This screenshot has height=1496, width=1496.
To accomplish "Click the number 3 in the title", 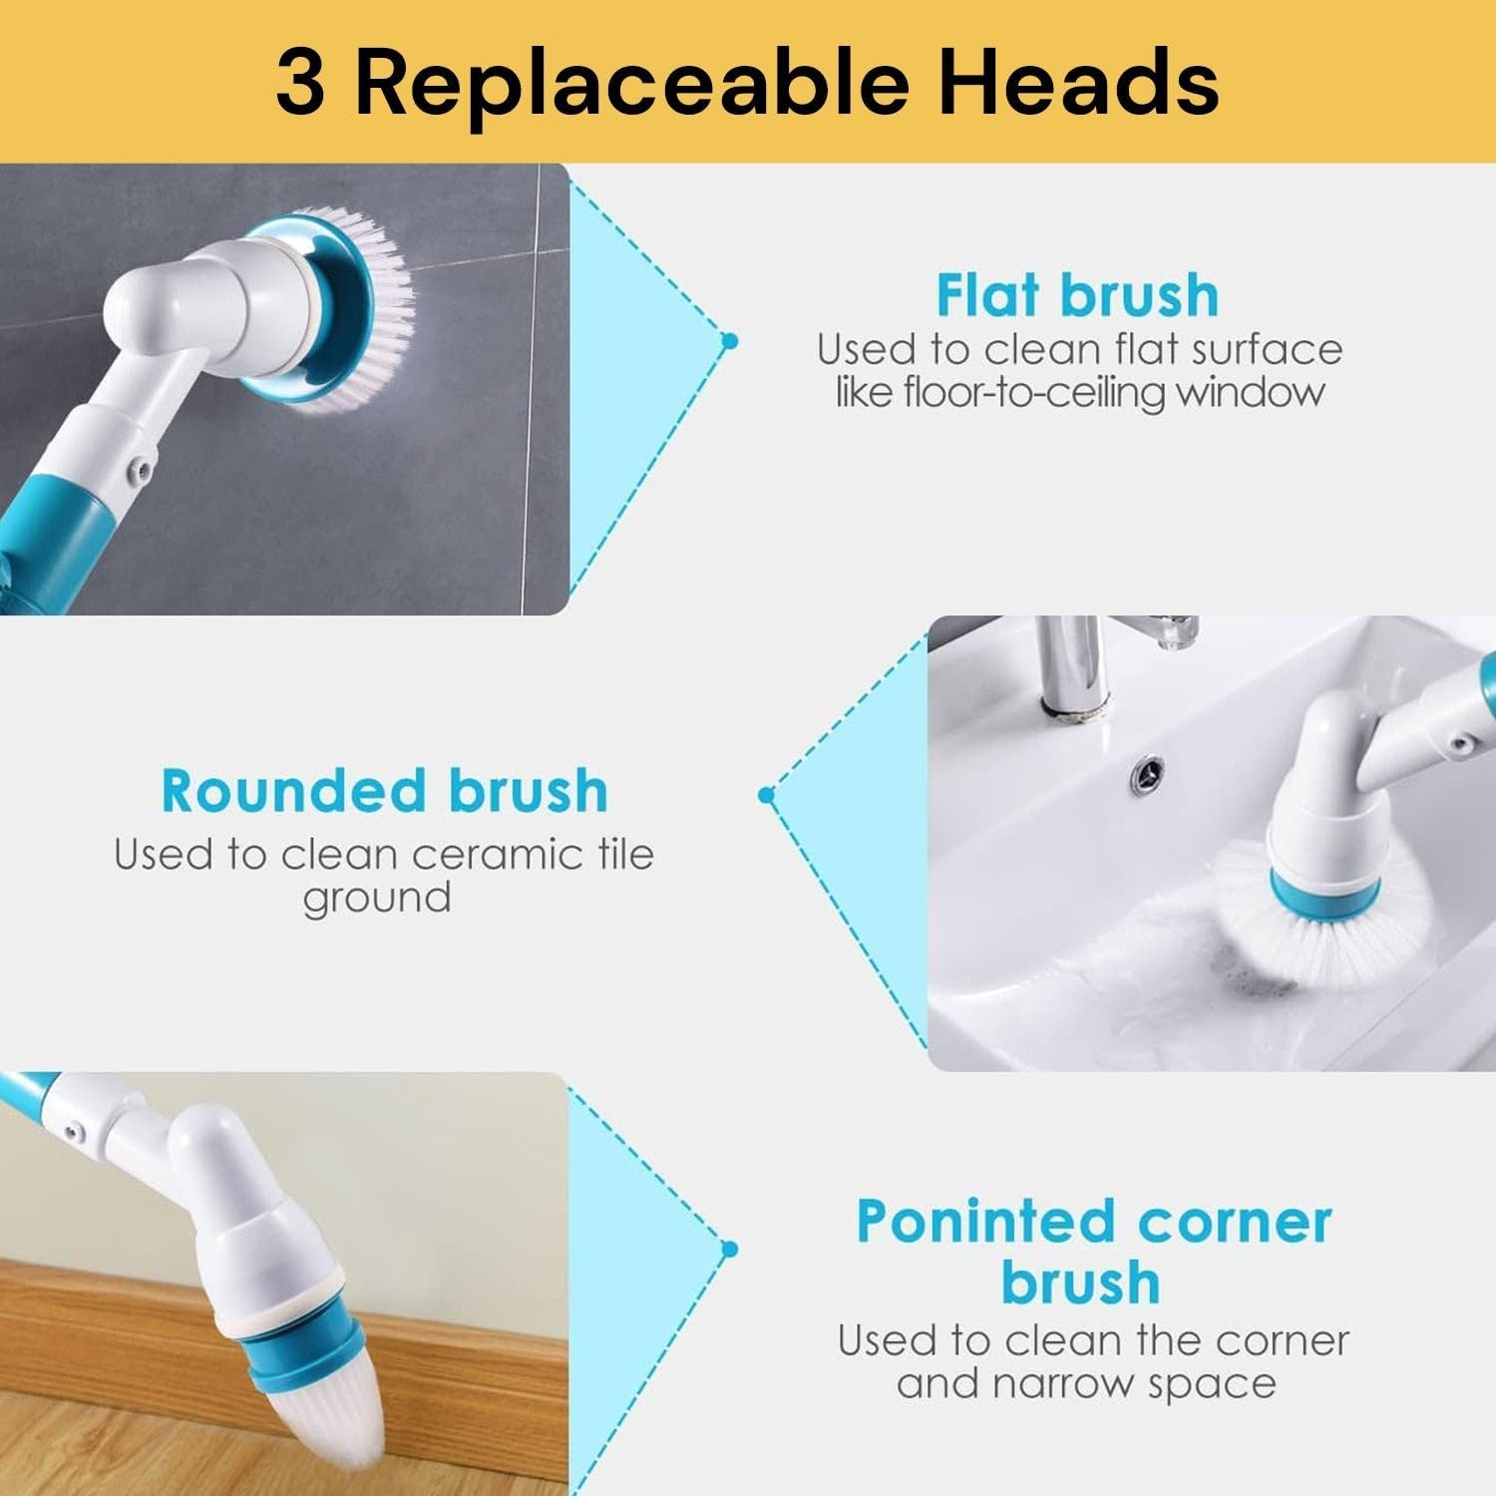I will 300,84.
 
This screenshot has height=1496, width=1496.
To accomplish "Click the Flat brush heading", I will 1077,296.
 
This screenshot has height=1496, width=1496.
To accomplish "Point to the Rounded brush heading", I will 384,792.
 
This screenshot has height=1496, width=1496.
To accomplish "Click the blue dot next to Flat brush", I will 729,341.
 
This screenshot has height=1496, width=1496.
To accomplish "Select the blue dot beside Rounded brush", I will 766,795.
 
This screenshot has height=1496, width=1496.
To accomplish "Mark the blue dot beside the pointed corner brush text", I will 729,1249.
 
